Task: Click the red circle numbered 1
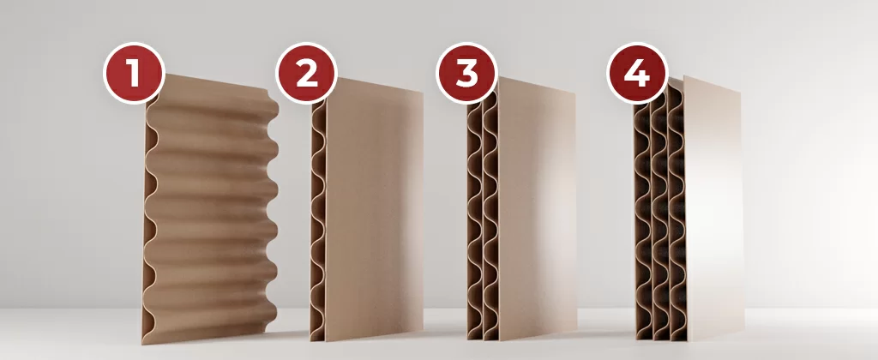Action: pyautogui.click(x=134, y=74)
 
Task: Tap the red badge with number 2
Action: pyautogui.click(x=306, y=74)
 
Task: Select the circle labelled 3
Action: pyautogui.click(x=467, y=74)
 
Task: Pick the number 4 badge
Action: pyautogui.click(x=638, y=74)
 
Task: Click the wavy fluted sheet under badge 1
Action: pyautogui.click(x=210, y=213)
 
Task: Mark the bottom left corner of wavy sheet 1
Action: pyautogui.click(x=142, y=344)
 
